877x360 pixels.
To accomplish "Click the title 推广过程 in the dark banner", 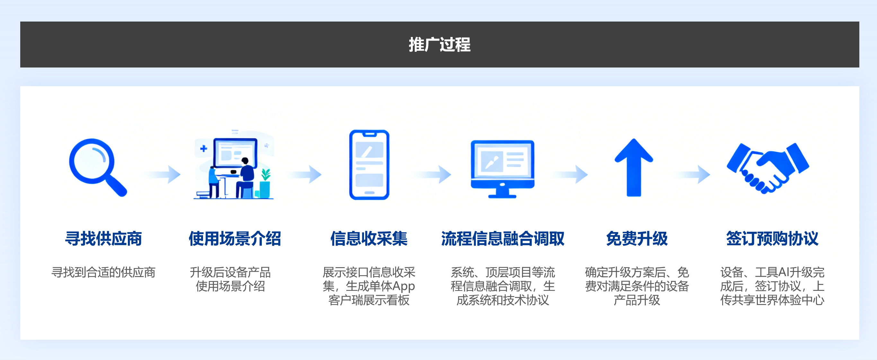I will click(439, 45).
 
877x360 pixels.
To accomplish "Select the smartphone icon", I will click(369, 165).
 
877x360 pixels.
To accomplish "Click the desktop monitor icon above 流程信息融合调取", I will click(502, 168).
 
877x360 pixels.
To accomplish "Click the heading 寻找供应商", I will click(103, 239).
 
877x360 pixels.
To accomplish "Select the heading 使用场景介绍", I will click(235, 239).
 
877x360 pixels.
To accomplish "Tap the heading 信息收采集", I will click(369, 239).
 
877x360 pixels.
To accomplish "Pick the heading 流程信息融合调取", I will click(502, 239).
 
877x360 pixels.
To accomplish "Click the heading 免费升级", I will click(637, 239).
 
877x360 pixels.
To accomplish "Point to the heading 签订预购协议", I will click(772, 239).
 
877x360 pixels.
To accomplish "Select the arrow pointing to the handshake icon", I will click(693, 175).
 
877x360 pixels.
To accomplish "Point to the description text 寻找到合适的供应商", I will click(103, 273).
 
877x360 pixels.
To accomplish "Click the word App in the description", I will click(403, 286).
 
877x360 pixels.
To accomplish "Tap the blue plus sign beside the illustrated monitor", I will click(204, 148).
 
